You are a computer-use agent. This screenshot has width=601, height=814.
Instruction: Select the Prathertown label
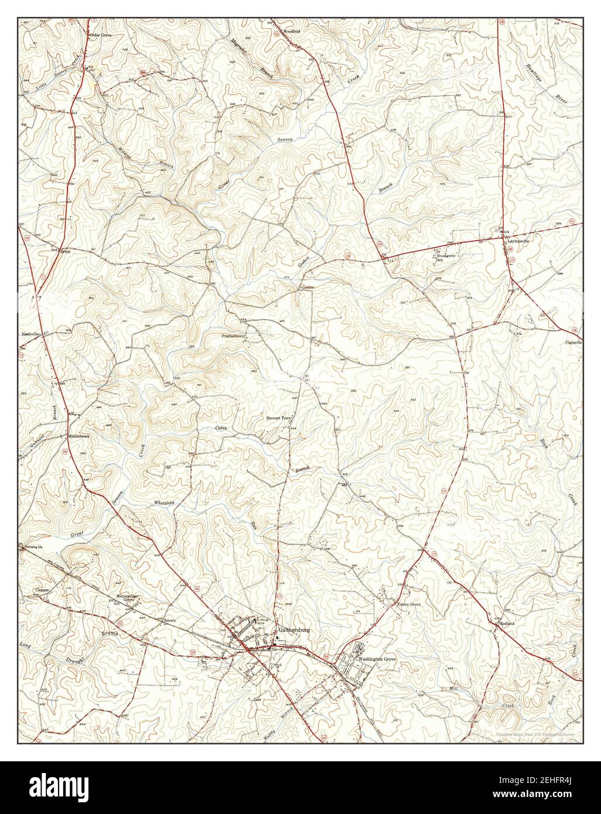233,337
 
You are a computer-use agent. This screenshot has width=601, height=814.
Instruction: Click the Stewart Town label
279,418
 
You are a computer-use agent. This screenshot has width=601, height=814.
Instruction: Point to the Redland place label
507,624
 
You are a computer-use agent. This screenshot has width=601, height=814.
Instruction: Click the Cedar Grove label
100,36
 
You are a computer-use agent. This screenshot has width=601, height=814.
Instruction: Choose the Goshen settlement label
308,288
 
